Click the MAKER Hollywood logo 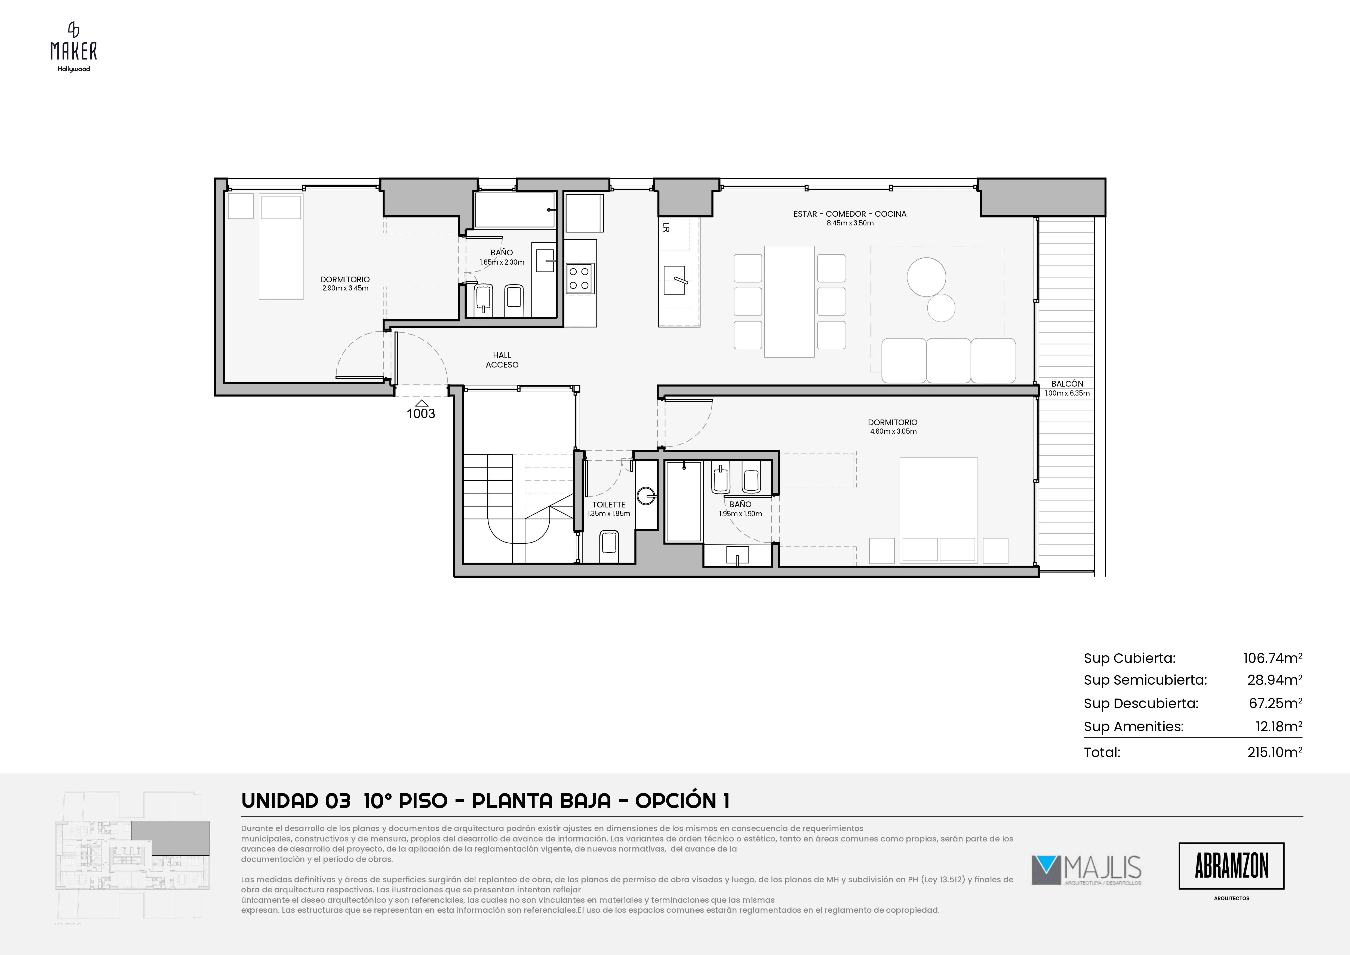[73, 47]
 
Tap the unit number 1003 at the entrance [421, 414]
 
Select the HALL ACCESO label [502, 360]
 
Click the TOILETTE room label [608, 504]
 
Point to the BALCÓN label [1067, 383]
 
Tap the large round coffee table [926, 277]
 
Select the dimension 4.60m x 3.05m [893, 431]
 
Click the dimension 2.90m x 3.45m [345, 288]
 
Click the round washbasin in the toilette [646, 496]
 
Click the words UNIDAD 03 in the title [296, 801]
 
